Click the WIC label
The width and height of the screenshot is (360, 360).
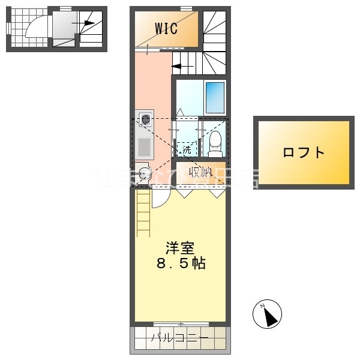point(166,28)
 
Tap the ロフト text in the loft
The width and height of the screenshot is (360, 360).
point(304,152)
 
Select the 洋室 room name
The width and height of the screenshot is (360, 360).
point(179,247)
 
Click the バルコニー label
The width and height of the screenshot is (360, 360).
point(179,338)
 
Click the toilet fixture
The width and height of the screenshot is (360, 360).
point(215,143)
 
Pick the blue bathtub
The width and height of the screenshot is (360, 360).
point(215,97)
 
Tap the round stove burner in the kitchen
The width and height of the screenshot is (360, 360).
point(145,119)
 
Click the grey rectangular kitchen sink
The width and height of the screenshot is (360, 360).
point(145,147)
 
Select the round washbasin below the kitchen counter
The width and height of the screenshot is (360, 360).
point(144,174)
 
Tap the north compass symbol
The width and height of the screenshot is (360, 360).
point(271,313)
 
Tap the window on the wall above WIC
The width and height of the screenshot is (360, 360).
point(186,8)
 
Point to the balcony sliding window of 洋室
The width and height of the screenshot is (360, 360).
point(180,323)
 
